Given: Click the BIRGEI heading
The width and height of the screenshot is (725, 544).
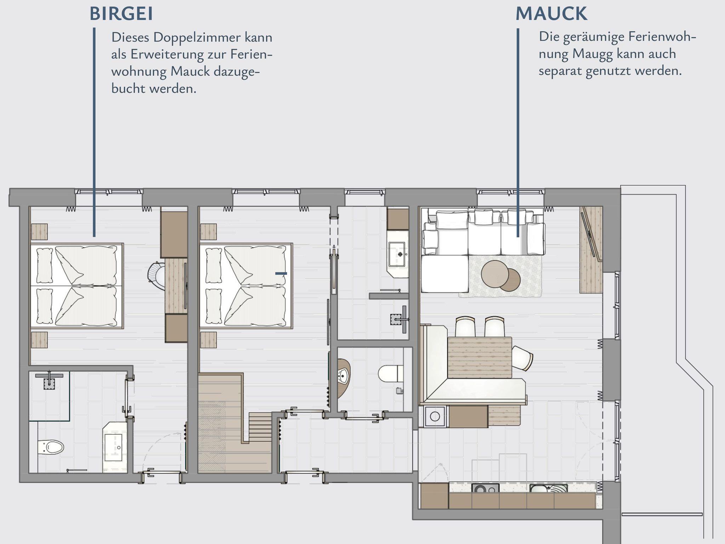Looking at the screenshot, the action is coord(121,14).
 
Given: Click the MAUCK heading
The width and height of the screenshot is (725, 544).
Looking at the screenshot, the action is coord(551,14).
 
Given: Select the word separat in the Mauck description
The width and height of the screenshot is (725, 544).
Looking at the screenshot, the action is coord(560,71).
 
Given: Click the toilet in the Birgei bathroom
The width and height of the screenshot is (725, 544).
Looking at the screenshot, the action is coord(50,447).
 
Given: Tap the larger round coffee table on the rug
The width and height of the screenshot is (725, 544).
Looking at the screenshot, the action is coord(495,273).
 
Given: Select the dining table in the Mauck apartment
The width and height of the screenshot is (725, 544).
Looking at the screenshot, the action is coord(480,357).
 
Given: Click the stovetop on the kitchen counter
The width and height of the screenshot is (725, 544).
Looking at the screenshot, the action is coord(485,488).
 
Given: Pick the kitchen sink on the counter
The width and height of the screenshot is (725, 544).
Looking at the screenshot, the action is coord(548,488).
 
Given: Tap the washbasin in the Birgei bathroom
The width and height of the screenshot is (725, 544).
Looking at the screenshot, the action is coord(114,447).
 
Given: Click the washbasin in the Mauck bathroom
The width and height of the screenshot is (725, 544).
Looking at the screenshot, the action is coord(397,254).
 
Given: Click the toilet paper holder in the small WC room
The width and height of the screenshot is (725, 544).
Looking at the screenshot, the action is coord(399,390).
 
